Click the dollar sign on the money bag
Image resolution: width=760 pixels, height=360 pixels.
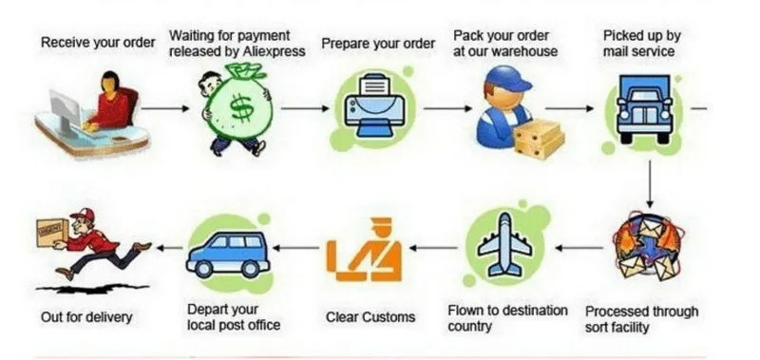click(241, 108)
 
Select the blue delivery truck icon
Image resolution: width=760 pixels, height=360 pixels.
click(644, 108)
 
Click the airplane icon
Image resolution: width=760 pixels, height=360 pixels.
click(505, 245)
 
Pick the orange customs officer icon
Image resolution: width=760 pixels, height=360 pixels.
click(364, 250)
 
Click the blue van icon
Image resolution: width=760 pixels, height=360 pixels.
click(228, 255)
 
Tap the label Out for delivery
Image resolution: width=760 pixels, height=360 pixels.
click(86, 317)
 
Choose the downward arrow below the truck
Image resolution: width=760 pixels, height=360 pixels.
click(650, 184)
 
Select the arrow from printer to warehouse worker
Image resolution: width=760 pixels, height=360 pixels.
click(447, 108)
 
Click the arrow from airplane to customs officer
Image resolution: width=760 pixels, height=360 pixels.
click(433, 248)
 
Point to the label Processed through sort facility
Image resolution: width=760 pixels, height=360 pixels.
click(642, 319)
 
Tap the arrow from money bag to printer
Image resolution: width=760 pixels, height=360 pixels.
click(305, 108)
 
